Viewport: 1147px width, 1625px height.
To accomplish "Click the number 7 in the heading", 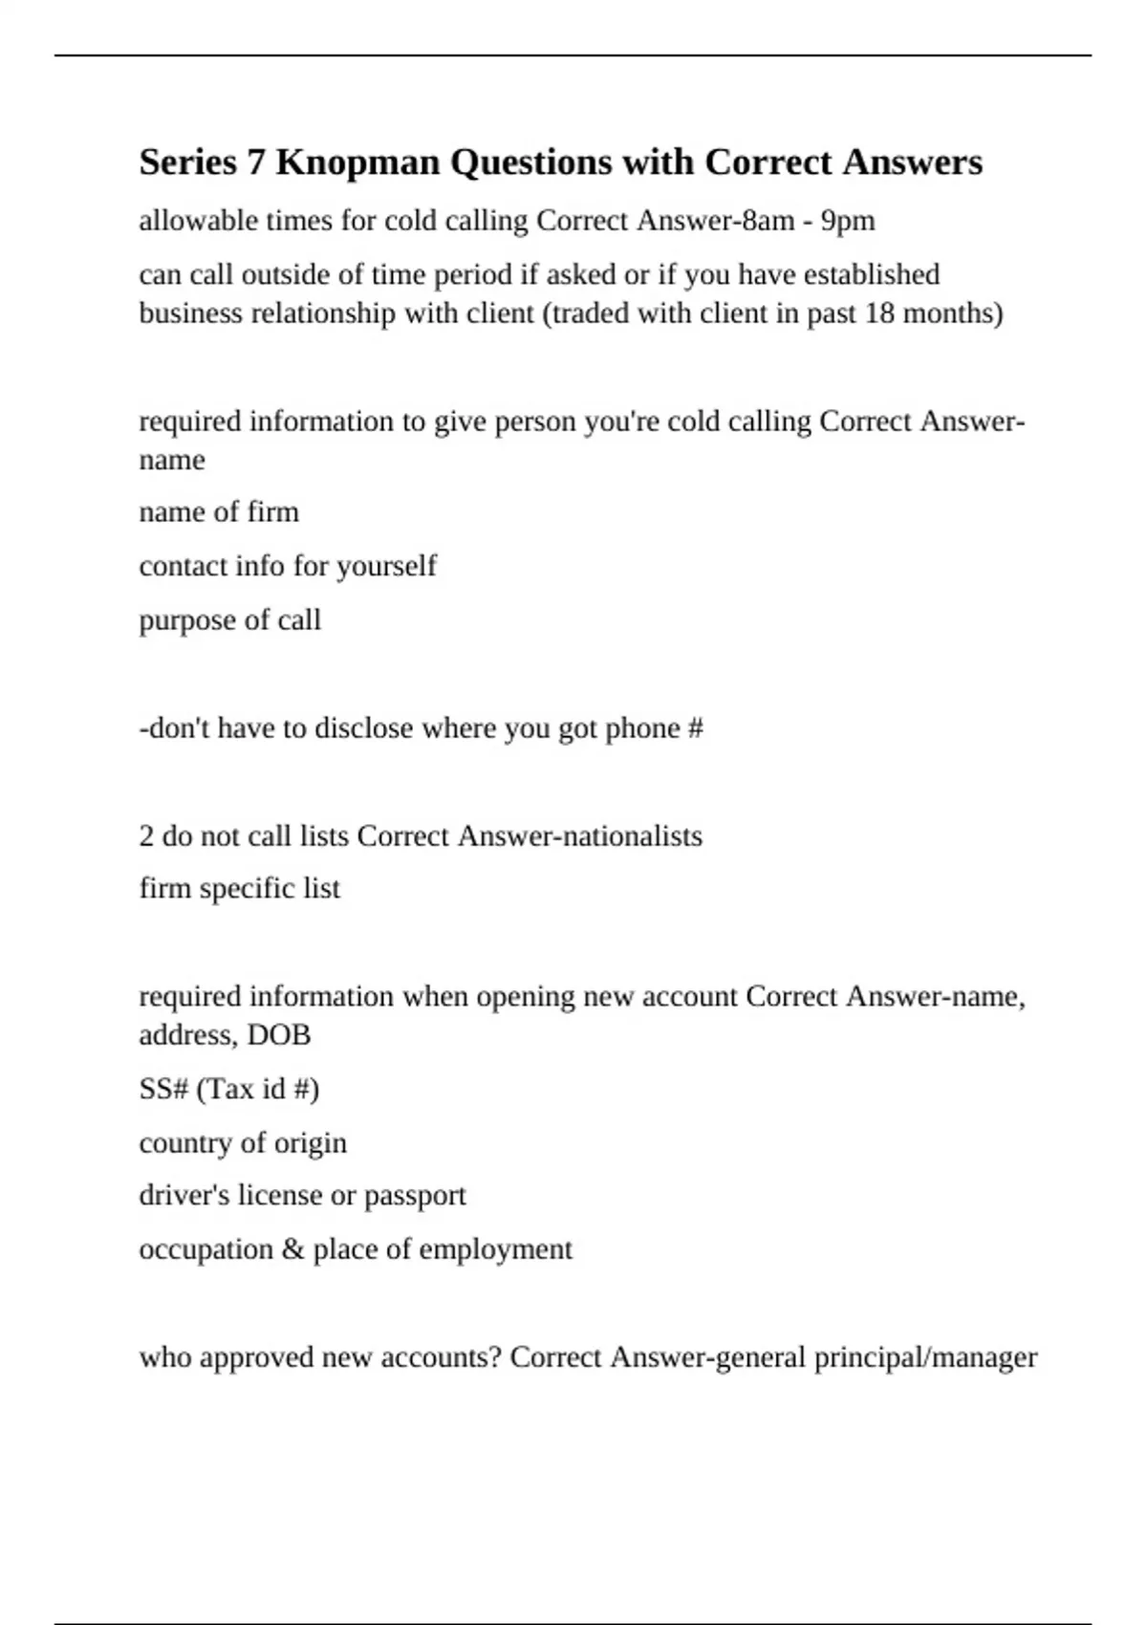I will pos(255,162).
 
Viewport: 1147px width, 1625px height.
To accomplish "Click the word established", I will pos(871,274).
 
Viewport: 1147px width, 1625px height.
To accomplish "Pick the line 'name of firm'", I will pos(219,512).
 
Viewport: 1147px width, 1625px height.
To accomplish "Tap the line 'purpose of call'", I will pos(229,620).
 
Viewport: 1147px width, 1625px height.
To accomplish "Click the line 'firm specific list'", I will pos(239,889).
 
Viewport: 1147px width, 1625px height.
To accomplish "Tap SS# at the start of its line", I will pos(163,1089).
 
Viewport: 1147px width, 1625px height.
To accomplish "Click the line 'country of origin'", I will pos(243,1143).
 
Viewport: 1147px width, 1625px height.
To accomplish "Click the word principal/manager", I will pos(925,1357).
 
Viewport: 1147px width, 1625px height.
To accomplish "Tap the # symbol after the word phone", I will pos(695,728).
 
